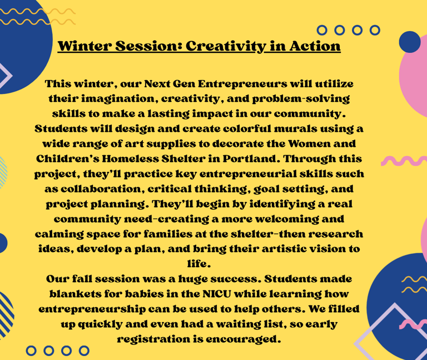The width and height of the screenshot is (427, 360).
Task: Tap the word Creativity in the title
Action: (x=225, y=46)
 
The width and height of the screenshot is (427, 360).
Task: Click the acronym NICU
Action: (x=217, y=294)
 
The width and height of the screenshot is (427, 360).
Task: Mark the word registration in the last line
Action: (x=153, y=339)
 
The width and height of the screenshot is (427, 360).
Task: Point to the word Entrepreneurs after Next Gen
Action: (x=242, y=84)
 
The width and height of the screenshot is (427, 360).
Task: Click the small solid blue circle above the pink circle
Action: (x=410, y=42)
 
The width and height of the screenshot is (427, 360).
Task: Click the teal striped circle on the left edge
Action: (x=3, y=172)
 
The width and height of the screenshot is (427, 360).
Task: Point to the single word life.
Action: (x=199, y=264)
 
